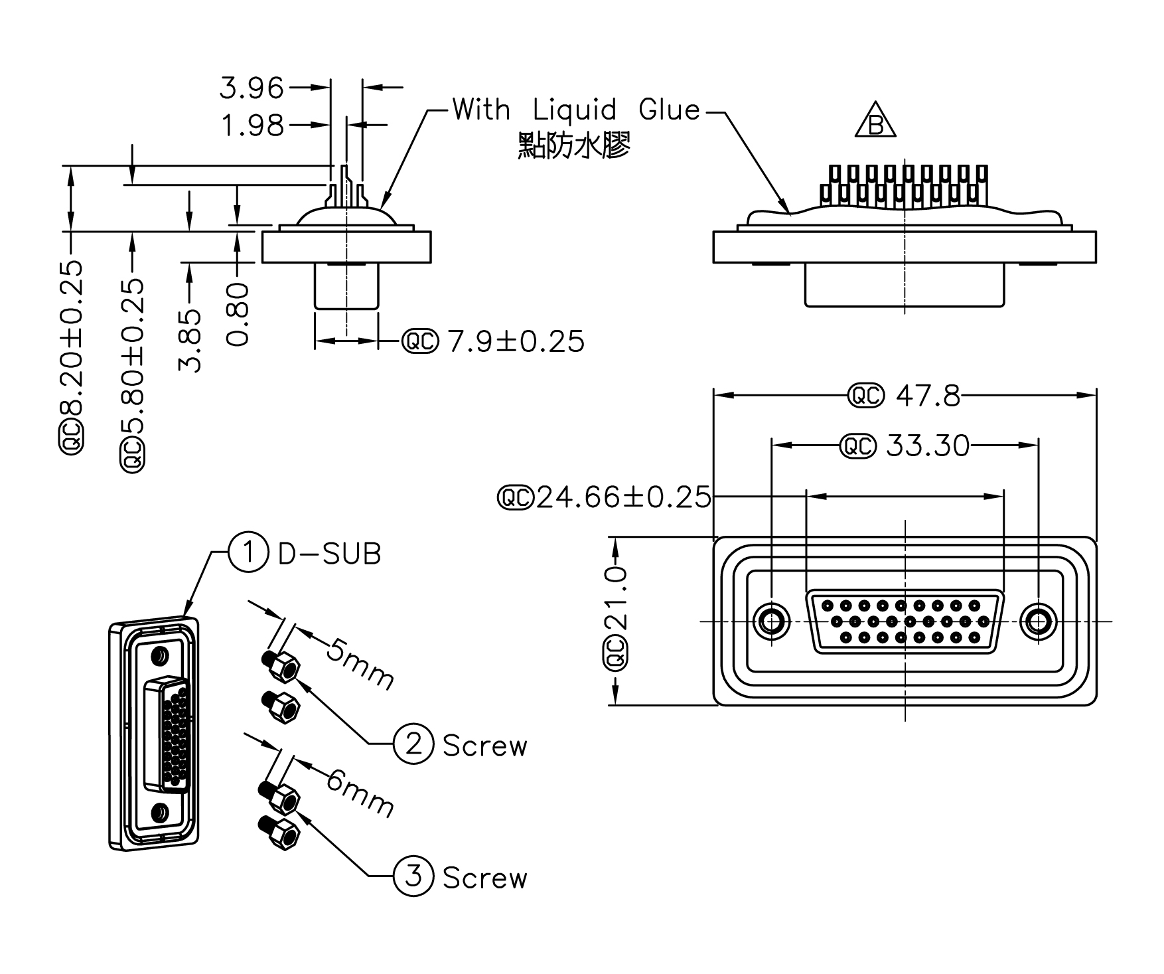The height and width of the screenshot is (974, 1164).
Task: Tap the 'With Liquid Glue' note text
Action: point(576,110)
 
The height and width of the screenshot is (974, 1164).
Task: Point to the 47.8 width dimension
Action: point(927,396)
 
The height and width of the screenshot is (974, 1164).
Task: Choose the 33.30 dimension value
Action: point(927,446)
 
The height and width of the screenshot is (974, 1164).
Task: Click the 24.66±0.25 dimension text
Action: point(622,497)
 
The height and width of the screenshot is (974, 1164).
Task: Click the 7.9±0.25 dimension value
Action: point(516,342)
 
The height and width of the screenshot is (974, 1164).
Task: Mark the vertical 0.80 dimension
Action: point(238,313)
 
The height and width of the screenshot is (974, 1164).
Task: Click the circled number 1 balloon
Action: point(248,552)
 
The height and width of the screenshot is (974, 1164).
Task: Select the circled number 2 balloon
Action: point(413,744)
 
